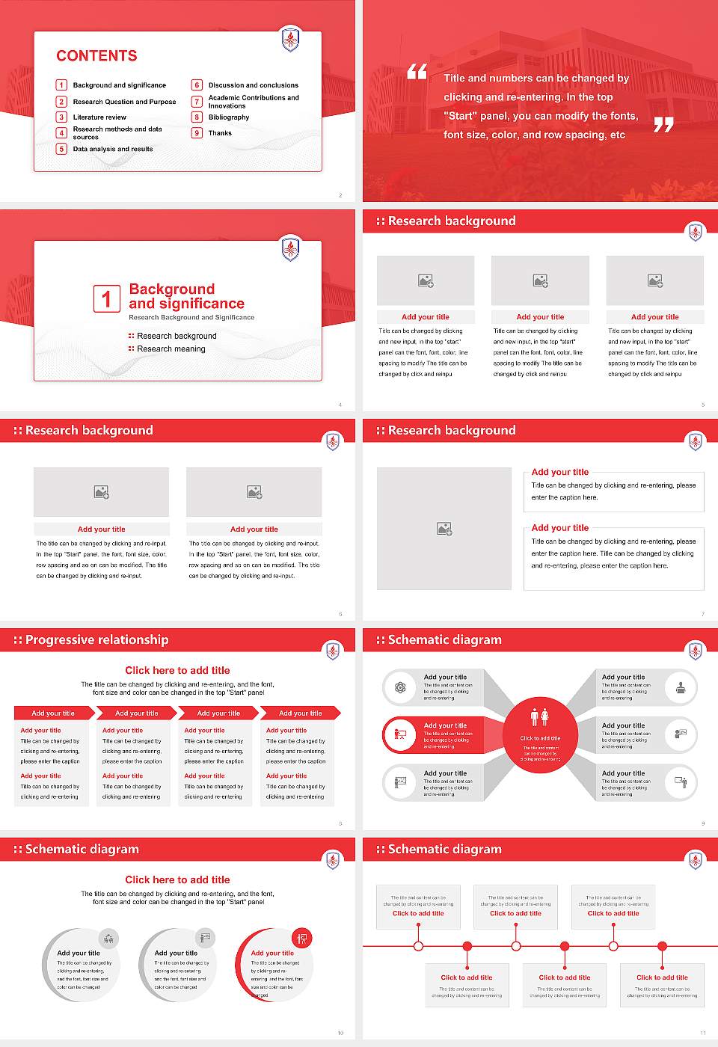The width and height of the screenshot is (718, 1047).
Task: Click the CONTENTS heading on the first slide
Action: pos(96,56)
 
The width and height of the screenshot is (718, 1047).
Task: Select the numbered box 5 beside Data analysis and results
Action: pos(62,149)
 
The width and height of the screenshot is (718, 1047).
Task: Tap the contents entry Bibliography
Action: pos(229,117)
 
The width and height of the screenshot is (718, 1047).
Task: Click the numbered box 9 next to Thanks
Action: pos(197,133)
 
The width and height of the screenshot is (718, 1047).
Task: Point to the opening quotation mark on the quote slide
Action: pos(417,72)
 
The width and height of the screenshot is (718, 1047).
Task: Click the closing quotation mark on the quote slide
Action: pos(663,125)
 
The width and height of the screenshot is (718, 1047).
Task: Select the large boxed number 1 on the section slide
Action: pos(106,299)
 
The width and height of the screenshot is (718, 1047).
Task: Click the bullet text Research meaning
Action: pos(171,349)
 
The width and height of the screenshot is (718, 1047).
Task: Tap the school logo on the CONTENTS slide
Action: pos(290,39)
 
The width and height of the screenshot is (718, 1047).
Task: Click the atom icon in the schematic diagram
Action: pos(400,687)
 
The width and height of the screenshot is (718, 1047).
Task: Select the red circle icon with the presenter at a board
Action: pos(400,734)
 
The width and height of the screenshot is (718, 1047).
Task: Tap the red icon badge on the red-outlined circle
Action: pos(302,938)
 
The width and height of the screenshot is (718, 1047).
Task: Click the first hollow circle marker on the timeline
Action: pos(418,946)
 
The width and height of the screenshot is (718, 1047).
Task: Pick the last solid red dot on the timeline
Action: pos(662,946)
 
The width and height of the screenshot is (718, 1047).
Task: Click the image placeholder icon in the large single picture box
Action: pos(444,529)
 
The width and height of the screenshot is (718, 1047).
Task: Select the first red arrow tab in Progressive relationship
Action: pos(53,713)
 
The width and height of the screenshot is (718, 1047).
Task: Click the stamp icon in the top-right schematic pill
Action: pos(681,687)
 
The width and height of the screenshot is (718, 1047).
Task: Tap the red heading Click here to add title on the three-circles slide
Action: pos(177,880)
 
